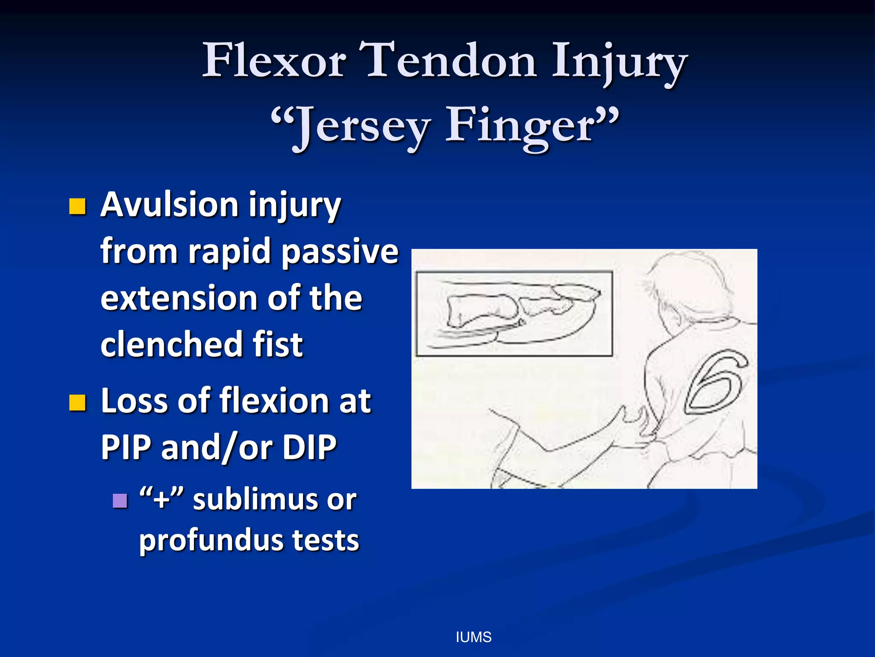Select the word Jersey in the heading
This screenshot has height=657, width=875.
click(363, 126)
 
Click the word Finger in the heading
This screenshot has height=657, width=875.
click(519, 126)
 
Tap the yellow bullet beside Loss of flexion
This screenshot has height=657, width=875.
click(77, 402)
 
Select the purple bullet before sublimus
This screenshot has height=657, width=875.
click(120, 500)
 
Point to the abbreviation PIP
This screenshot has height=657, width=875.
click(126, 447)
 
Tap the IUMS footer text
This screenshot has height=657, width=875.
click(473, 637)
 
